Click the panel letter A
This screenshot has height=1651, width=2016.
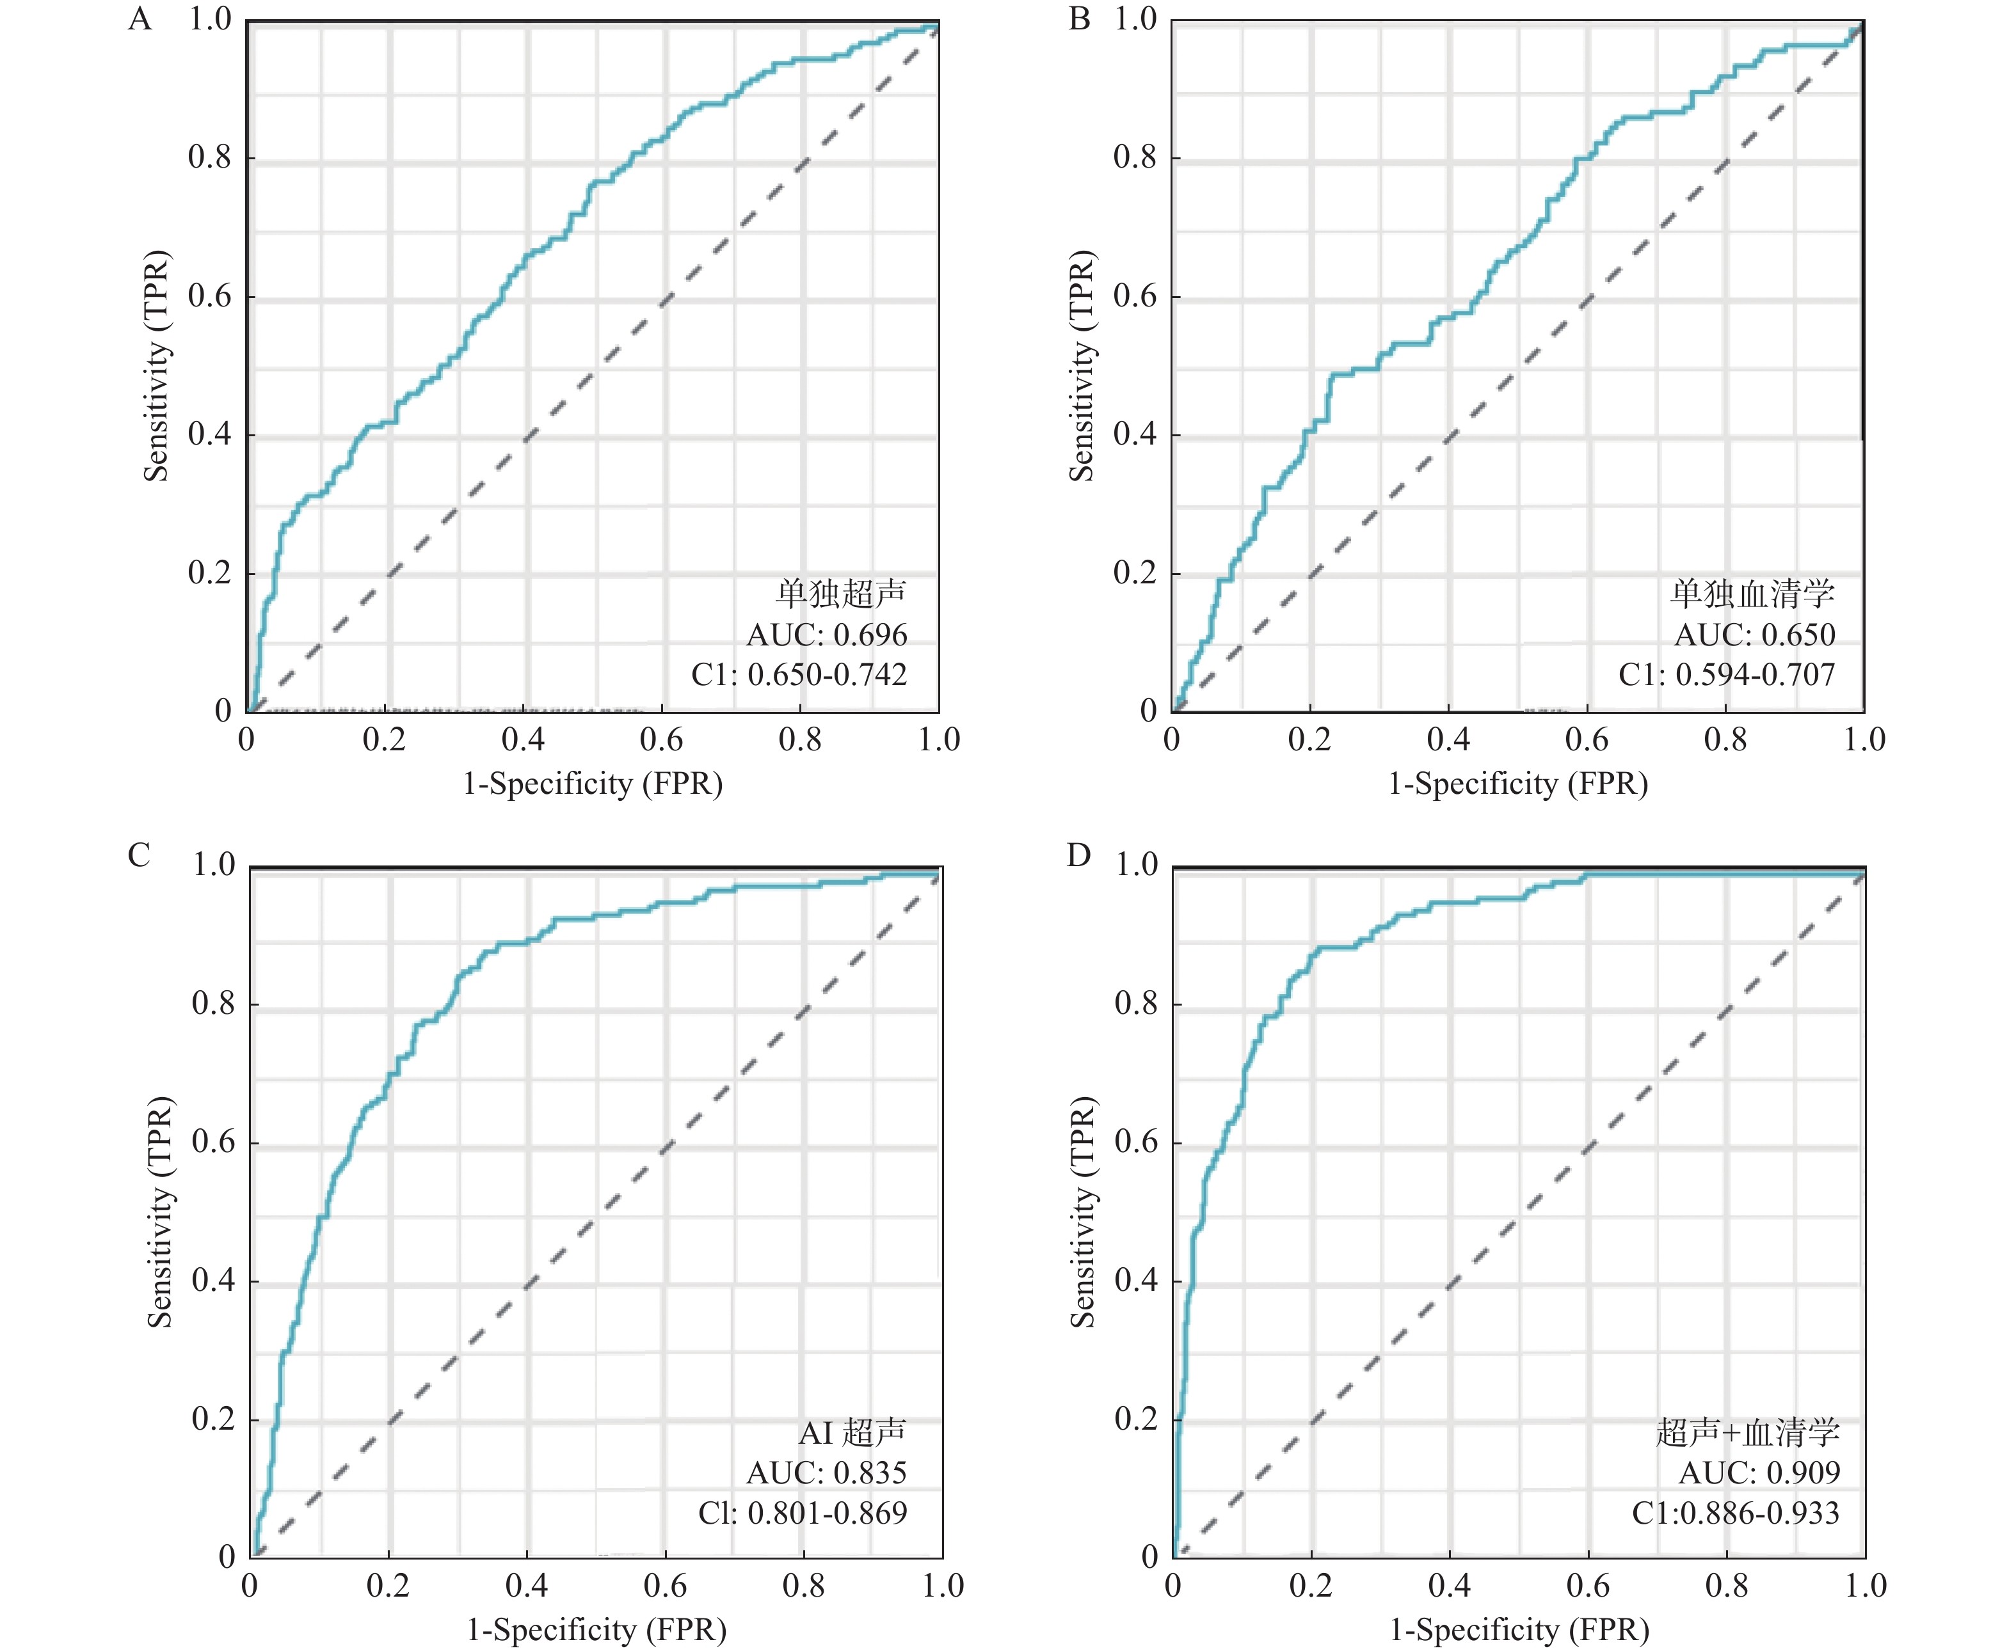coord(140,19)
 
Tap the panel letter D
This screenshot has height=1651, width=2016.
coord(1078,856)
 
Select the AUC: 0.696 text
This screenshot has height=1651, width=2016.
coord(827,635)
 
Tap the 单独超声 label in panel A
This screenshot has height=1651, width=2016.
coord(841,594)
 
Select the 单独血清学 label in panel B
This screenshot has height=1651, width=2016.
coord(1752,594)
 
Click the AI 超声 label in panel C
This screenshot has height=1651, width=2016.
coord(852,1432)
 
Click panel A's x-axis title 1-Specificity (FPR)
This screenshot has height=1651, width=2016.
coord(593,784)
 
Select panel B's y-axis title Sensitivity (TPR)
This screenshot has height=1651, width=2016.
coord(1082,365)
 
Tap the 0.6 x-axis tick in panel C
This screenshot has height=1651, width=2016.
coord(664,1585)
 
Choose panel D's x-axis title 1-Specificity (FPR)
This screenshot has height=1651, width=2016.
coord(1519,1630)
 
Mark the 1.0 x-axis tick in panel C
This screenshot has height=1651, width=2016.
coord(942,1585)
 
